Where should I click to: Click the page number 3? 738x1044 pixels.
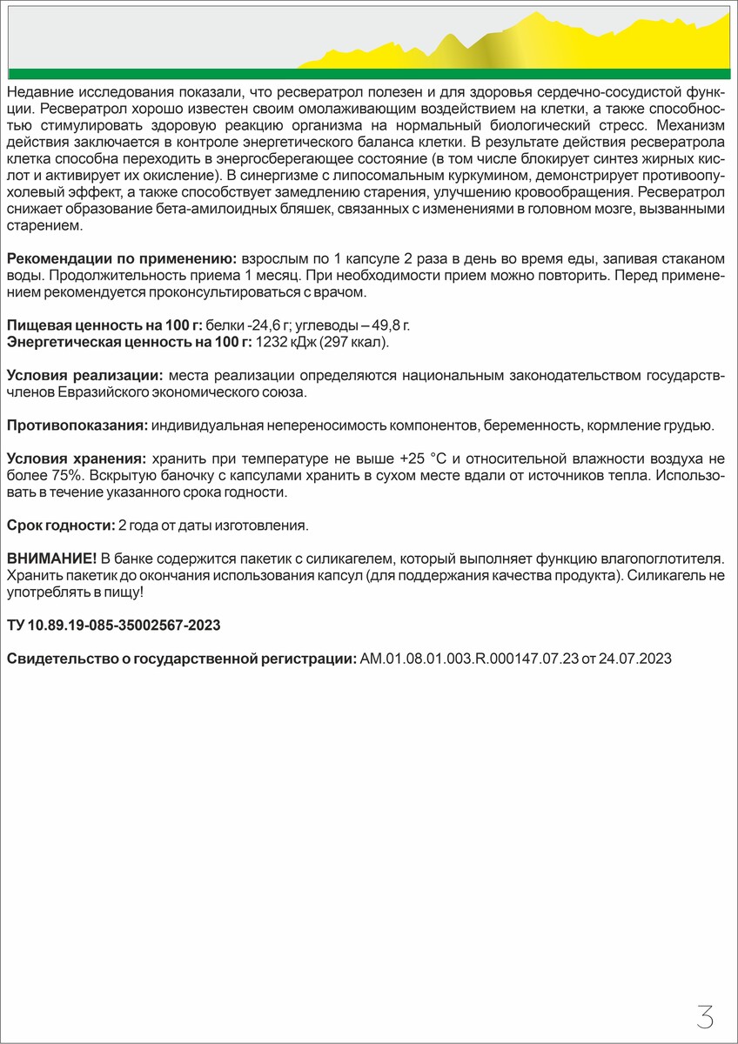[x=705, y=1016]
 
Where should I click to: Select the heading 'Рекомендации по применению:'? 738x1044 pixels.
[x=122, y=260]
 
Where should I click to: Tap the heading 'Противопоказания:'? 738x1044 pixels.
[x=77, y=425]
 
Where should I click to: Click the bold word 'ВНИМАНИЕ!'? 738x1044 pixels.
[x=51, y=557]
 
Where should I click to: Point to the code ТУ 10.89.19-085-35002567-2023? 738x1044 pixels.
[x=113, y=626]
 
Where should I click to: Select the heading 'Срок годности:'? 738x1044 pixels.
[x=60, y=525]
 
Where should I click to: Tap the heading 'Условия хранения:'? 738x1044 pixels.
[x=76, y=458]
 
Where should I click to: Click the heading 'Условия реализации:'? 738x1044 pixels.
[x=84, y=376]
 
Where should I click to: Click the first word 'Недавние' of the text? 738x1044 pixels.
[x=37, y=91]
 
